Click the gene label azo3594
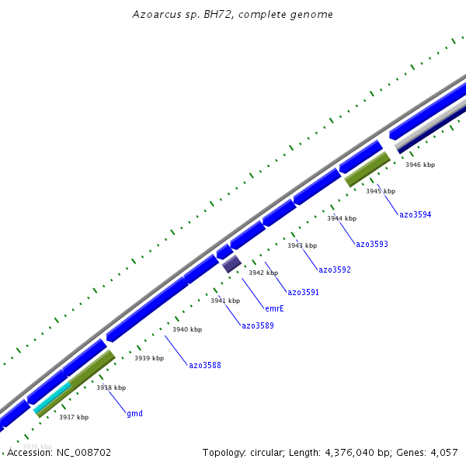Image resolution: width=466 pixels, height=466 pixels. (x=415, y=214)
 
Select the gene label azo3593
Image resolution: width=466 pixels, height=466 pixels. (x=371, y=244)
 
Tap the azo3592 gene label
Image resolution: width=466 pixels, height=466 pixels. (x=334, y=270)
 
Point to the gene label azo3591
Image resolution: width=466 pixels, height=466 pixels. (x=303, y=292)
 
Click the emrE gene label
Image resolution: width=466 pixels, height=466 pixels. (x=274, y=308)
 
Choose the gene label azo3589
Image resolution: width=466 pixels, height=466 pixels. (x=257, y=325)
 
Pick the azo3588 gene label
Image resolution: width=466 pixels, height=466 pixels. (x=204, y=365)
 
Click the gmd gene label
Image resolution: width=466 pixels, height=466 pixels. (x=134, y=413)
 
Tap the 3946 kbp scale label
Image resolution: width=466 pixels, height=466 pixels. (x=420, y=165)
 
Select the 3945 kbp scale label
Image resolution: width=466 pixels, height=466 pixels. (x=381, y=191)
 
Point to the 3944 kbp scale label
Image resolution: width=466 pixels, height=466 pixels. (x=342, y=218)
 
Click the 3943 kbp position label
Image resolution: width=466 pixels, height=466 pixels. (x=302, y=245)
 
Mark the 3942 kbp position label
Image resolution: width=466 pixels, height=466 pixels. (x=263, y=273)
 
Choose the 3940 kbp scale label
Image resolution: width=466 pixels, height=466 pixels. (x=186, y=329)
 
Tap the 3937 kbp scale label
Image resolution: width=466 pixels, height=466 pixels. (x=74, y=417)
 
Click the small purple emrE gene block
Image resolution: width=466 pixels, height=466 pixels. (x=231, y=264)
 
